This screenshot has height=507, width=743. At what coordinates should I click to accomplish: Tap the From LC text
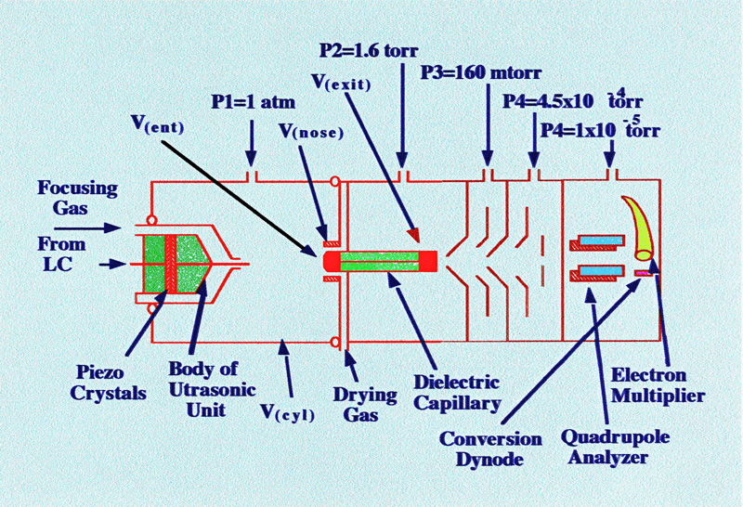[59, 253]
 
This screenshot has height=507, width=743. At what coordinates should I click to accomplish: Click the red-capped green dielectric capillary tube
[381, 262]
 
